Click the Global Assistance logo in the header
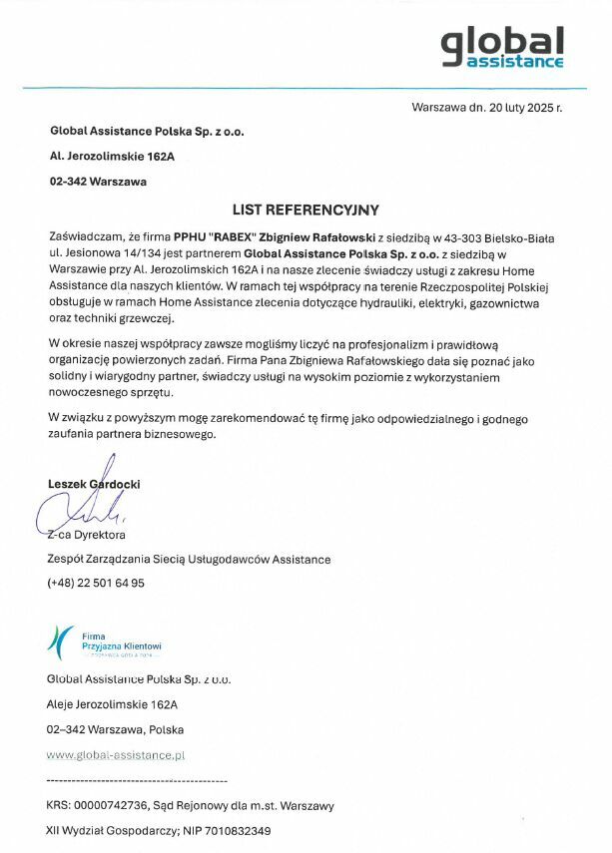(x=502, y=47)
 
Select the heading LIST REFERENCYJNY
(x=306, y=210)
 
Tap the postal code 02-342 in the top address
(x=68, y=182)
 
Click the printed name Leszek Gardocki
(x=94, y=484)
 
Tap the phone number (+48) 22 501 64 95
(x=96, y=583)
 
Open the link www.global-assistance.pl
(x=116, y=755)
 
